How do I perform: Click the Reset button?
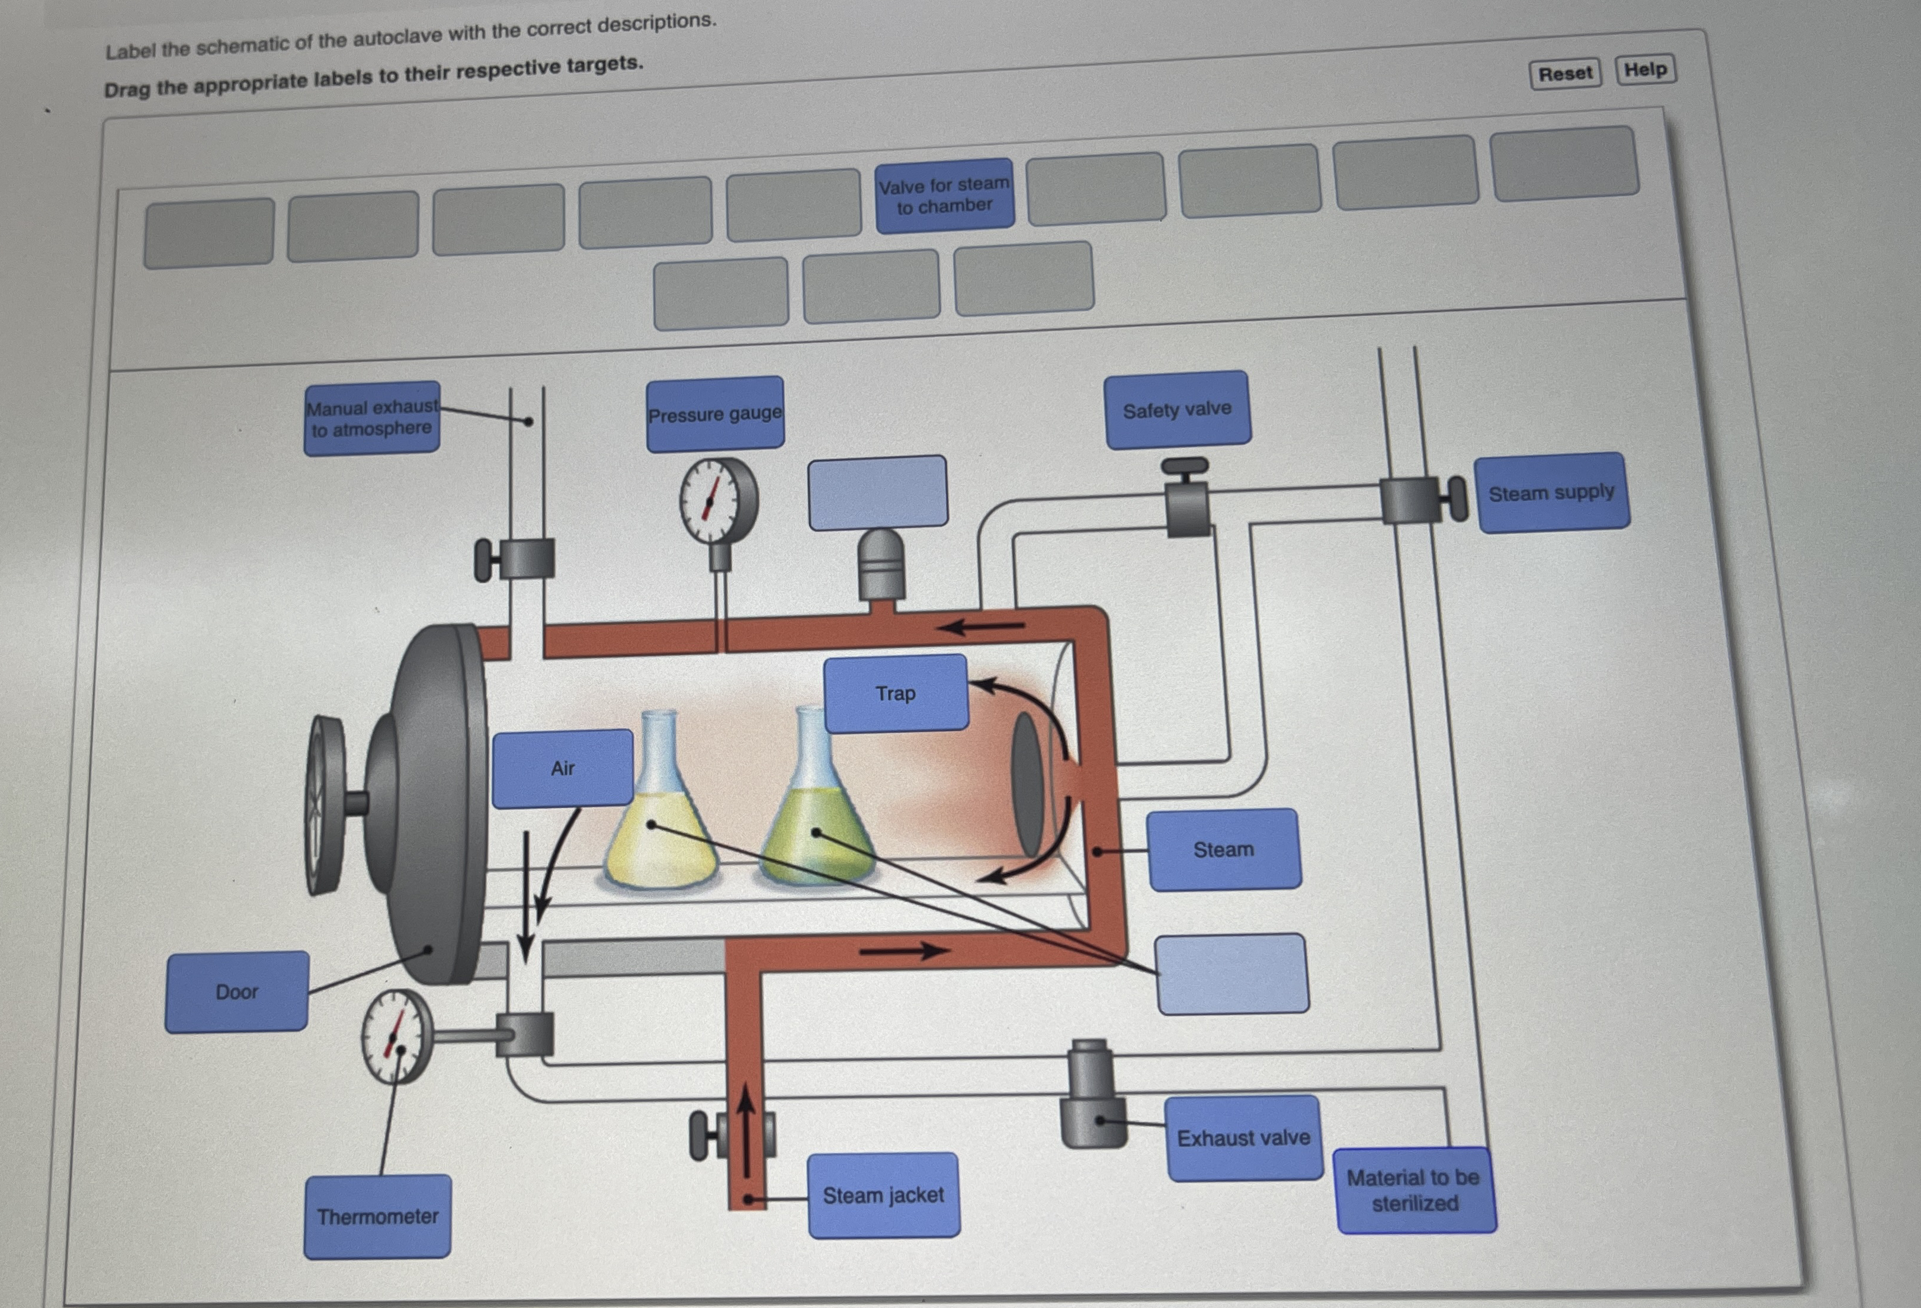click(1565, 73)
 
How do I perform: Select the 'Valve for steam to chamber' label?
click(944, 195)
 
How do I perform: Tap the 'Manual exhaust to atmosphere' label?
click(372, 418)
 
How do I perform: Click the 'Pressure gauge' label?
click(715, 414)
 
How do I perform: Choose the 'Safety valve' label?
click(1177, 410)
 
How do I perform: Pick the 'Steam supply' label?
click(1551, 493)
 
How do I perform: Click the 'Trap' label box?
click(896, 693)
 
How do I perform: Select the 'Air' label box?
click(563, 768)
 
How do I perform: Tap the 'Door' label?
click(237, 992)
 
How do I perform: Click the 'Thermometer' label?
click(378, 1216)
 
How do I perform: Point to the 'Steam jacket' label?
click(883, 1195)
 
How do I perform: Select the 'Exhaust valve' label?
click(1243, 1138)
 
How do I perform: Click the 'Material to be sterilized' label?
click(1415, 1190)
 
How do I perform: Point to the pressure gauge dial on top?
click(717, 500)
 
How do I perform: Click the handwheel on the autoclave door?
click(326, 804)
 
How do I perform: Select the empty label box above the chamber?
click(878, 493)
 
